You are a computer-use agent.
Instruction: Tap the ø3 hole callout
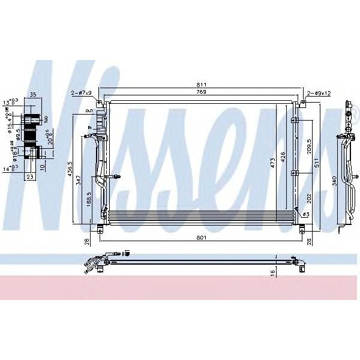pos(305,214)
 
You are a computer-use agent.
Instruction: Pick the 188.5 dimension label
pos(88,199)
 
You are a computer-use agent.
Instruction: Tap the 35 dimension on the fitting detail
pos(33,94)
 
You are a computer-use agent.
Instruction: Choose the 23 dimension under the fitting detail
pos(29,177)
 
